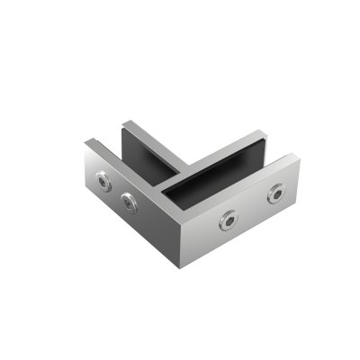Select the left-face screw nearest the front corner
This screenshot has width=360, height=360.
click(x=130, y=201)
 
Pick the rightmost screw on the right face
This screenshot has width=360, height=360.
click(x=277, y=193)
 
